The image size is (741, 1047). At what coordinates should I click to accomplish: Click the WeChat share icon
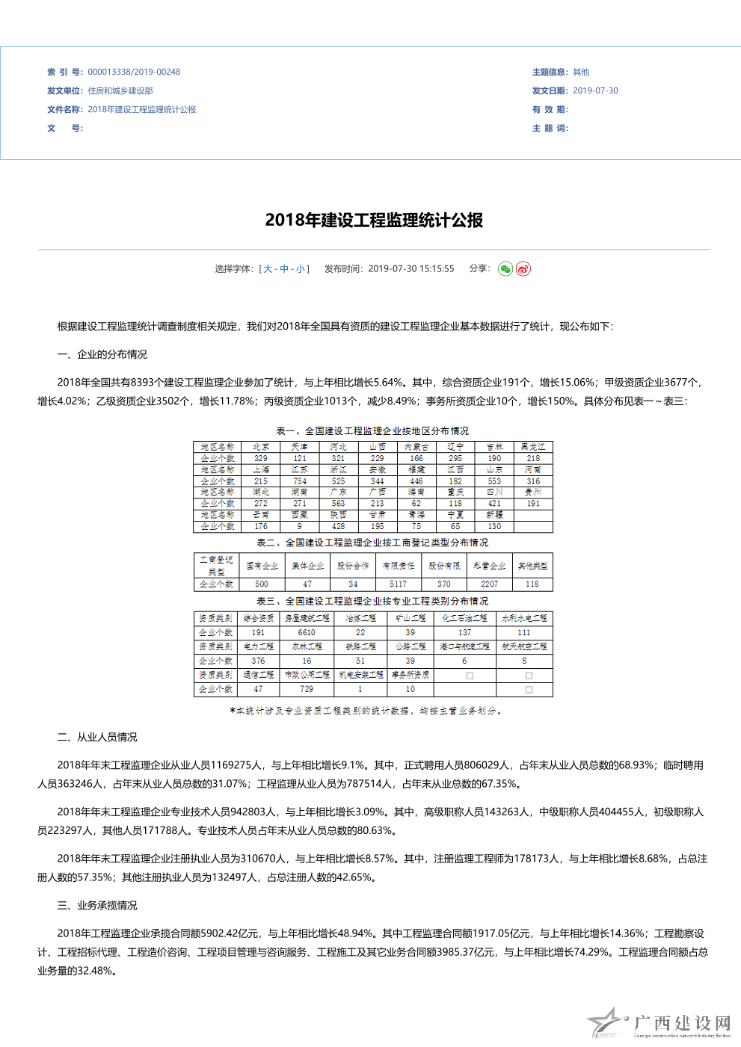[505, 269]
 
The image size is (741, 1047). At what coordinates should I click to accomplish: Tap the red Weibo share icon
[523, 269]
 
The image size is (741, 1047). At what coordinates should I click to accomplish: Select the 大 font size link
[268, 269]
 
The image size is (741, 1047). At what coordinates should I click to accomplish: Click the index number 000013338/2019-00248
[134, 72]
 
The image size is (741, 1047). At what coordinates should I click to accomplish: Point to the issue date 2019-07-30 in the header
[595, 91]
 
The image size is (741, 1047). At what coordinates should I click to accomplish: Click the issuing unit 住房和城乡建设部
[120, 91]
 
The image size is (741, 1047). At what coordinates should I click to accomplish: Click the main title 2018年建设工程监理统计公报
[374, 220]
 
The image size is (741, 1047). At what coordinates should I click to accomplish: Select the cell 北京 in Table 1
[261, 447]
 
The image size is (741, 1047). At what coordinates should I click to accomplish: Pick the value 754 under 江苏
[300, 481]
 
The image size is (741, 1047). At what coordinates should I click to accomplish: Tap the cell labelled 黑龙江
[533, 447]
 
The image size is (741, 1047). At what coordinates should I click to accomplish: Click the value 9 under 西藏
[300, 527]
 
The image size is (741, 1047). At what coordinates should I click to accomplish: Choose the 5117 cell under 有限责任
[399, 584]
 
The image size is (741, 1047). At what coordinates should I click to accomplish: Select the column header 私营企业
[490, 566]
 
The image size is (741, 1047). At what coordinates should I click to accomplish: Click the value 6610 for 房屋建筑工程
[307, 632]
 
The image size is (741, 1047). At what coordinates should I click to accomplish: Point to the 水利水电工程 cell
[524, 618]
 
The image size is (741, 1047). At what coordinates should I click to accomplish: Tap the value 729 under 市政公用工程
[307, 689]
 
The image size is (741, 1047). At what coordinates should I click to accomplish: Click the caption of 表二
[372, 543]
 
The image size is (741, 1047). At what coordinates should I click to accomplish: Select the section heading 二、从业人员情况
[97, 738]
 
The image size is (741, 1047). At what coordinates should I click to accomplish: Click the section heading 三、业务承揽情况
[97, 906]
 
